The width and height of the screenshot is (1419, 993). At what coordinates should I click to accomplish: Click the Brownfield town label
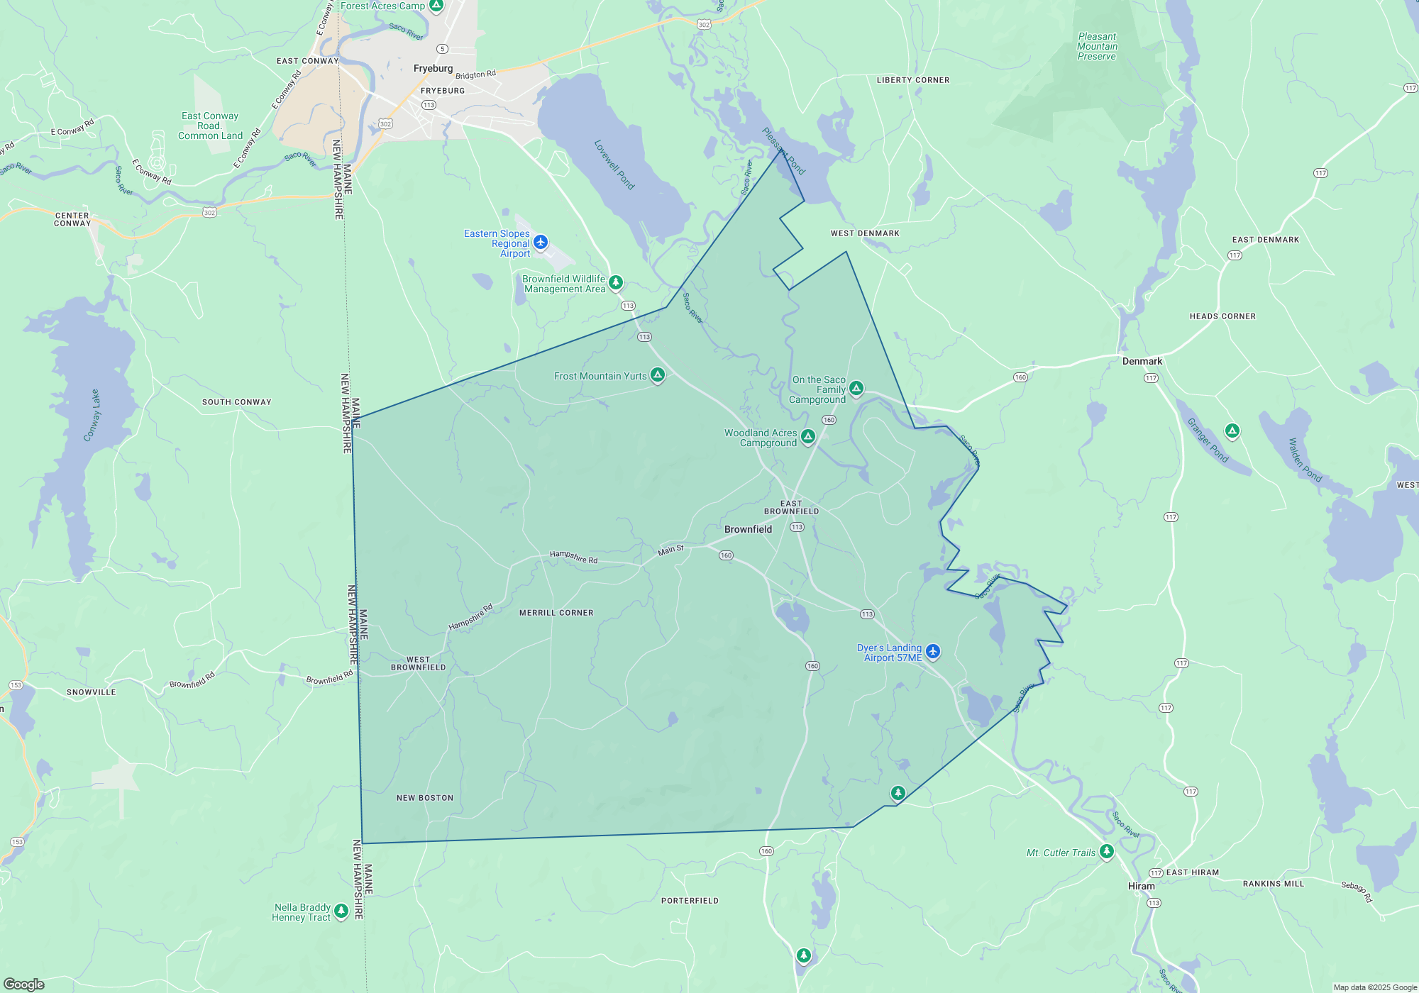pos(748,529)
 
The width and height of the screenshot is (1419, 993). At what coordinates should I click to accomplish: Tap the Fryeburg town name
pos(433,68)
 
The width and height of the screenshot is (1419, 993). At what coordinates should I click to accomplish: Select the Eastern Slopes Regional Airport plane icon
pos(541,243)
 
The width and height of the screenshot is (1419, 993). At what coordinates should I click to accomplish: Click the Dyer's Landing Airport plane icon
pos(933,651)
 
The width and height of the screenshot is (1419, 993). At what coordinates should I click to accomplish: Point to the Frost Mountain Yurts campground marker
pos(658,375)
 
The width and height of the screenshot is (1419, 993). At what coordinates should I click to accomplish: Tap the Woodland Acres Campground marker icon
pos(808,436)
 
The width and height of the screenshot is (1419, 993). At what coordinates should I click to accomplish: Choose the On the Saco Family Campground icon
pos(856,388)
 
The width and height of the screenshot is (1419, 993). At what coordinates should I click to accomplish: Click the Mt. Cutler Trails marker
pos(1106,851)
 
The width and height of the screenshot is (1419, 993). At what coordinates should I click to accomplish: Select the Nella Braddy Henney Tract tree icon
pos(341,910)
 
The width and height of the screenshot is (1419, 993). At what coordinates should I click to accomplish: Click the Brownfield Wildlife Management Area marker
pos(616,282)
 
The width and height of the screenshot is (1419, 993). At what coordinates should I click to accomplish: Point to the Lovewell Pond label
pos(614,165)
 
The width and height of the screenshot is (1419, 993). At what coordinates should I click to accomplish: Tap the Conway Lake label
pos(92,416)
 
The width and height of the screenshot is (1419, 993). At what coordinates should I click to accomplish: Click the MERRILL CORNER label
pos(556,613)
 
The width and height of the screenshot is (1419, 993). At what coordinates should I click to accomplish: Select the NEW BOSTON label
pos(424,798)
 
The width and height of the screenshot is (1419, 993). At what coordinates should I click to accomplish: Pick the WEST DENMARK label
pos(865,233)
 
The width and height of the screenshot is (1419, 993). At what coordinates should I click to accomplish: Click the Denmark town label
pos(1142,361)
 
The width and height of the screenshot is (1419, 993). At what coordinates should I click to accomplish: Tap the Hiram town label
pos(1141,886)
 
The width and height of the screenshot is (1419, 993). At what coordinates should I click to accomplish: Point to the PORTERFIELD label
pos(690,901)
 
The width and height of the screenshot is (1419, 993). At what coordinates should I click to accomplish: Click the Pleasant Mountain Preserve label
pos(1097,47)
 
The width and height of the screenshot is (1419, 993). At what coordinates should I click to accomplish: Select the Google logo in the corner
pos(24,984)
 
